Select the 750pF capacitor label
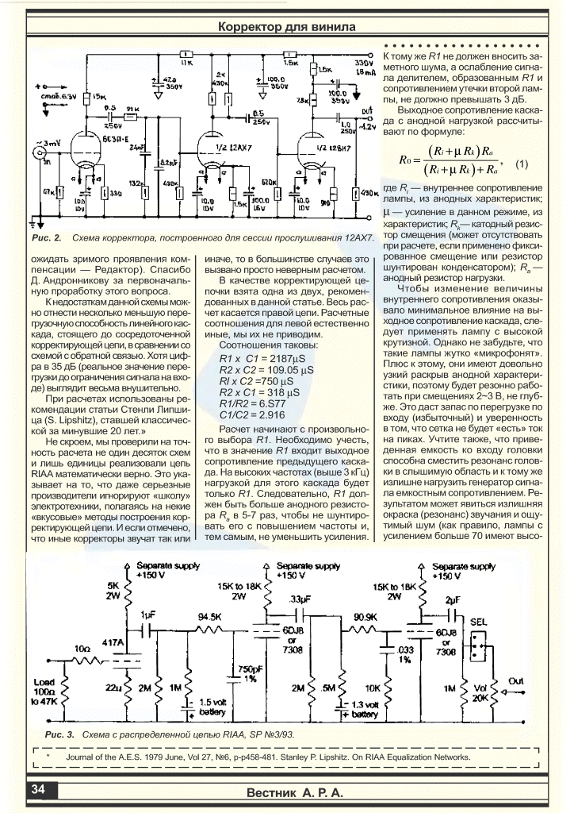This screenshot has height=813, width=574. pos(251,673)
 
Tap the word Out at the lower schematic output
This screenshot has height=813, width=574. pos(516,681)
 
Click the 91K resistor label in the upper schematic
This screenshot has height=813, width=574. pos(132,106)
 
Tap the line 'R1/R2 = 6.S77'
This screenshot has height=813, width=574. pos(247,403)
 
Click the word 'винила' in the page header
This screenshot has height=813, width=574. pos(331,28)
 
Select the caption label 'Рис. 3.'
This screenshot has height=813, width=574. pos(59,734)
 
